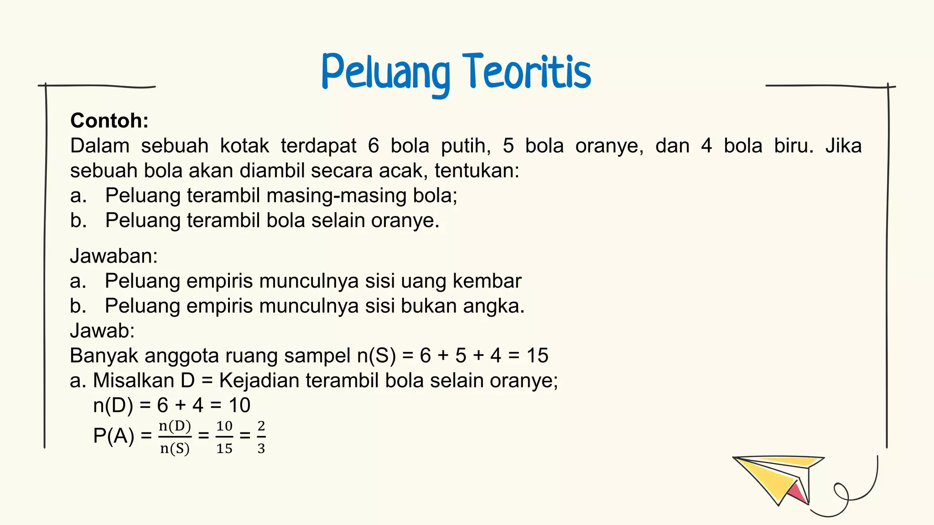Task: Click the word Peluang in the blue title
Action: (385, 73)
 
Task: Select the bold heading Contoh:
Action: (109, 121)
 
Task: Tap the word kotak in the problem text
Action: (244, 146)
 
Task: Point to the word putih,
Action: (466, 146)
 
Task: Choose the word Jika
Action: (843, 146)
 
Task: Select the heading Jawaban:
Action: (114, 256)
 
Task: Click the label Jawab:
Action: (102, 330)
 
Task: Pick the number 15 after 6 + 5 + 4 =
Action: (537, 355)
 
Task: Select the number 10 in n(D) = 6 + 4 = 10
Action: (239, 405)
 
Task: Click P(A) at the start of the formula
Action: (114, 436)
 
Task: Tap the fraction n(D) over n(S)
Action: (175, 437)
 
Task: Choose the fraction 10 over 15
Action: (224, 437)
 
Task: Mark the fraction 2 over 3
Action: (261, 437)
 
